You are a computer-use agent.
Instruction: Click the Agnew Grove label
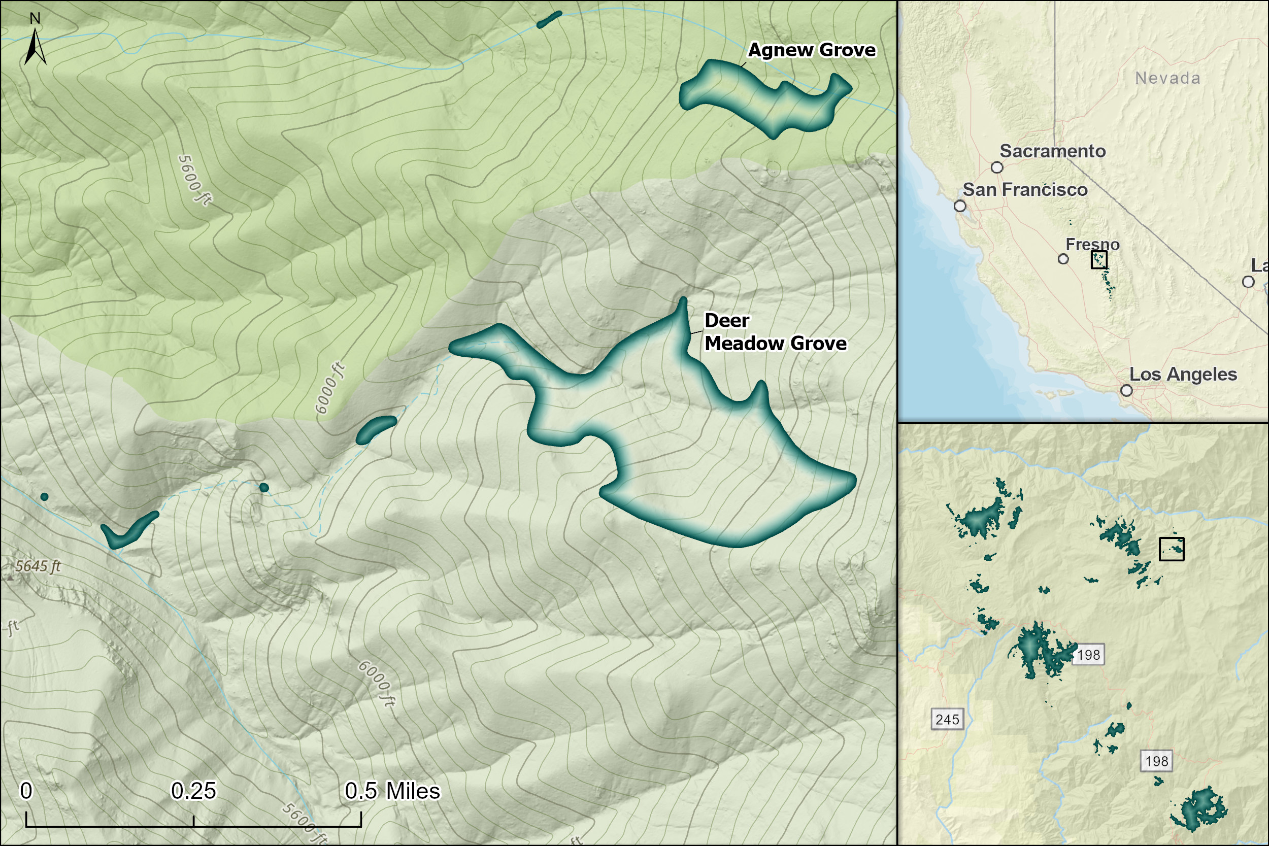(812, 50)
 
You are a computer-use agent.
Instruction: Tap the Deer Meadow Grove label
(775, 332)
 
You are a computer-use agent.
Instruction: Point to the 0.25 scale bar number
(193, 791)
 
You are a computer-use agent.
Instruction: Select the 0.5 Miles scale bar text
(392, 791)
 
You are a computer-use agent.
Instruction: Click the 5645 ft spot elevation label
(38, 566)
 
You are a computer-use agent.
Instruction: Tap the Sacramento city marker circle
(997, 167)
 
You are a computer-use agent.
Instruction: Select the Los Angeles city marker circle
(1126, 390)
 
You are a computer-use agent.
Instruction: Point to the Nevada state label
(1167, 78)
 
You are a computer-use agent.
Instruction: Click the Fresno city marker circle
(1063, 259)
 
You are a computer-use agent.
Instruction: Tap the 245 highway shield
(947, 719)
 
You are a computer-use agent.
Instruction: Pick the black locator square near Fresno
(1099, 259)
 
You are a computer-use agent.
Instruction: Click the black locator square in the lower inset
(1172, 549)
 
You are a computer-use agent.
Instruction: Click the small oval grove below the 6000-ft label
(376, 429)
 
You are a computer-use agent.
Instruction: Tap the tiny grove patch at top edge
(549, 19)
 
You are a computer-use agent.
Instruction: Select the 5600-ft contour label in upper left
(194, 180)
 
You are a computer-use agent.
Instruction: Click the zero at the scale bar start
(26, 791)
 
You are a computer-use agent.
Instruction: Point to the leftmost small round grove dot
(44, 496)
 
